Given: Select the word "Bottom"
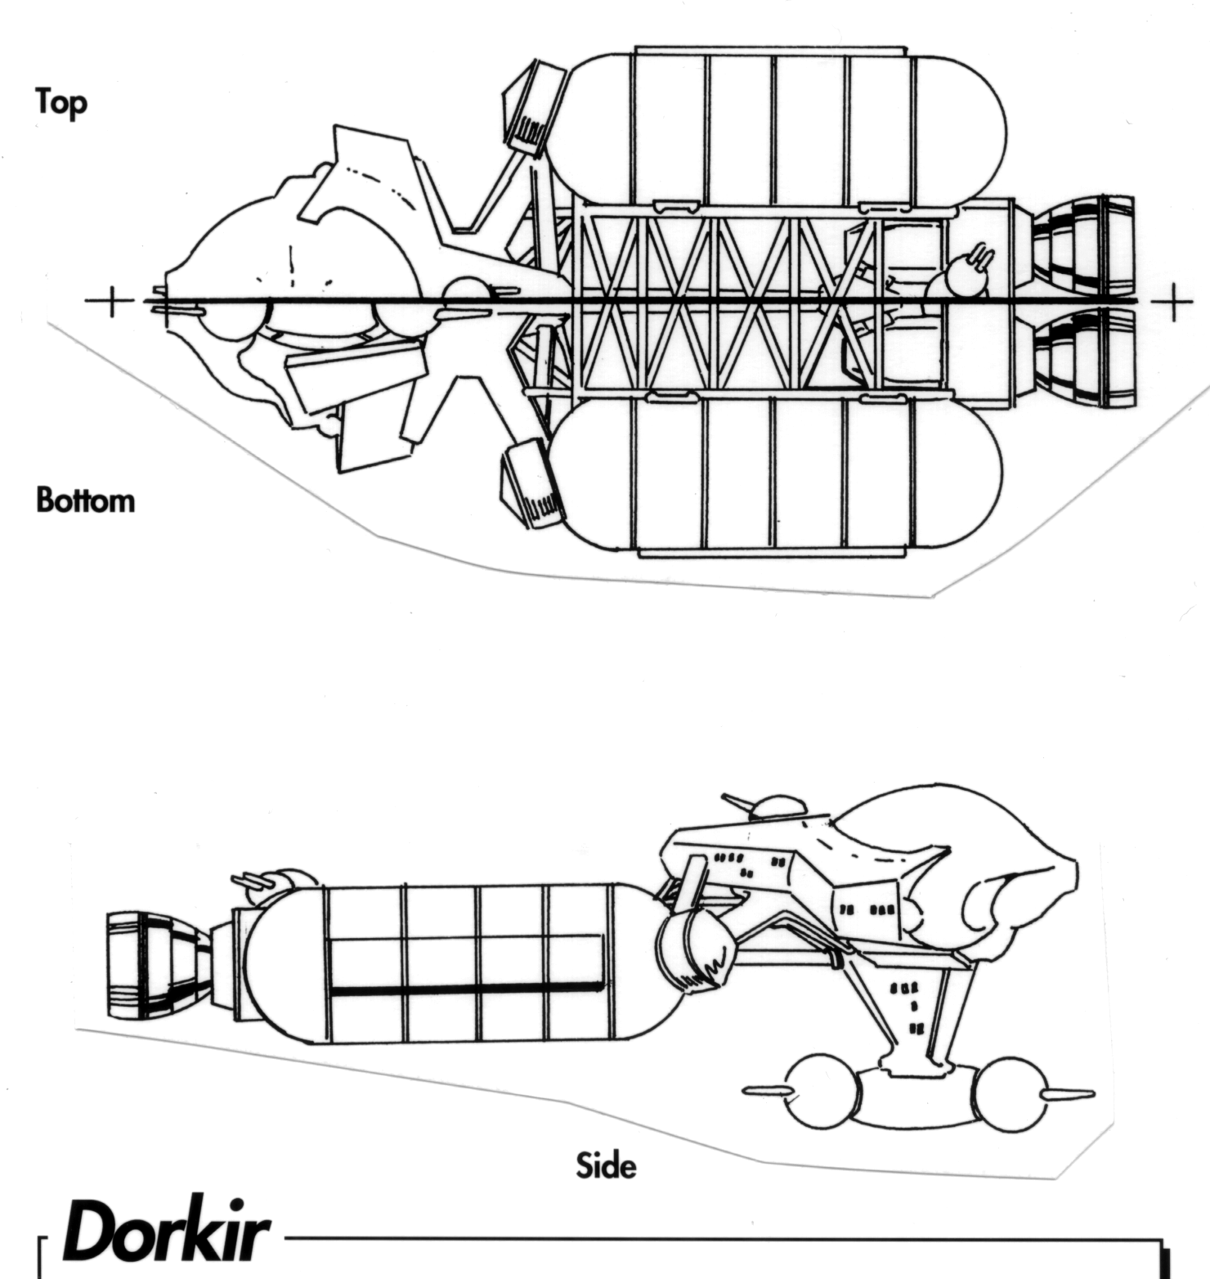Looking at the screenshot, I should coord(85,500).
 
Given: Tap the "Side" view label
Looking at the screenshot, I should coord(606,1165).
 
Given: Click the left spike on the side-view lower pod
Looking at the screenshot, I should coord(765,1092).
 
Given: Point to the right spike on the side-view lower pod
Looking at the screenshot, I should coord(1067,1095).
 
